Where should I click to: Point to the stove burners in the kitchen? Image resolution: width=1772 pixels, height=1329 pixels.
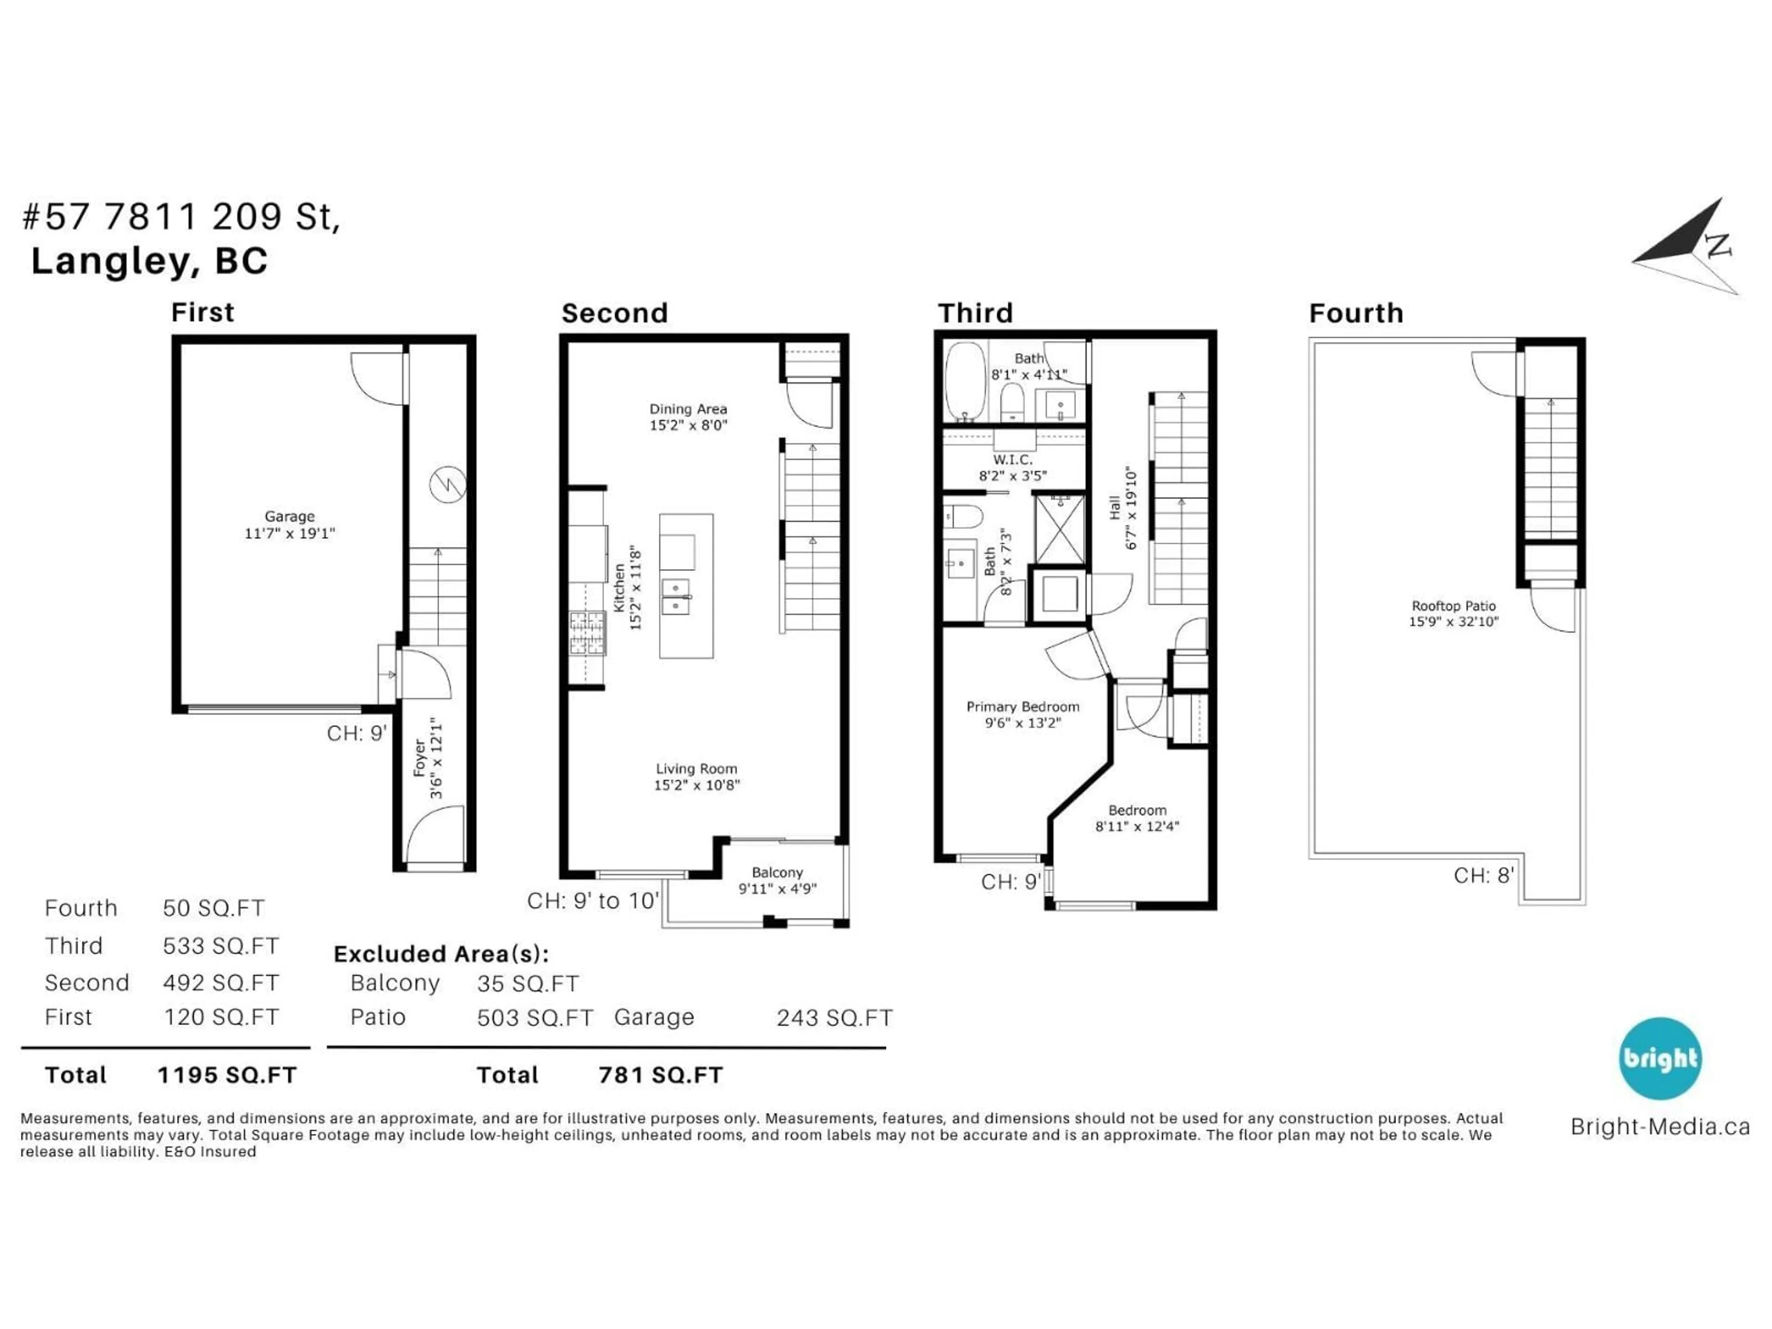[x=587, y=633]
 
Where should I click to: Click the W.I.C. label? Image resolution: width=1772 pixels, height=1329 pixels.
[x=1012, y=460]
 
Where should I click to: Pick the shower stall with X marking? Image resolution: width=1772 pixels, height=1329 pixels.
[x=1060, y=529]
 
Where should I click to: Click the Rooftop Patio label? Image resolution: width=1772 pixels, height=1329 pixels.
[x=1453, y=606]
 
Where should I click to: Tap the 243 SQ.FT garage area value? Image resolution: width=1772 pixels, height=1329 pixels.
[x=834, y=1018]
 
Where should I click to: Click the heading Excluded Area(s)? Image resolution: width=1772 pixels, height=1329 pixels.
[x=441, y=954]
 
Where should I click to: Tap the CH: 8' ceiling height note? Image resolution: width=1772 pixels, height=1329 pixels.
[x=1483, y=875]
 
